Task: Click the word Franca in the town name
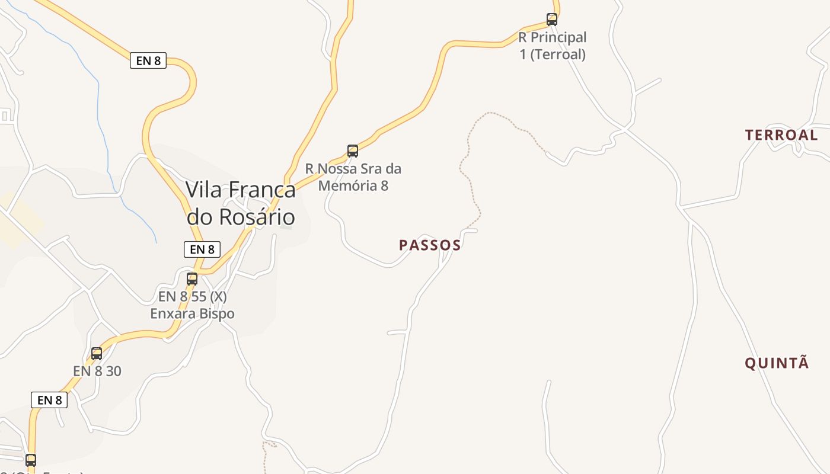[x=262, y=190]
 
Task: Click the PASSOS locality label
[x=430, y=245]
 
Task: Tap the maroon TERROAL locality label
[x=781, y=135]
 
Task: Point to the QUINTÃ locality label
[x=777, y=363]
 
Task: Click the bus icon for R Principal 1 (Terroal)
[x=552, y=20]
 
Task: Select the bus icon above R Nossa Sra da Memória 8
[x=353, y=151]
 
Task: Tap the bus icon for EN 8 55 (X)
[x=192, y=278]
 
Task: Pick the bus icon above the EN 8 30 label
[x=97, y=354]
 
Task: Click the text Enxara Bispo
[x=192, y=313]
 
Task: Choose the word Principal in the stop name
[x=558, y=37]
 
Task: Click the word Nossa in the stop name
[x=337, y=169]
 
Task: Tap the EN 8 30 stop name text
[x=97, y=371]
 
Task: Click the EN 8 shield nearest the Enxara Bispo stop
[x=202, y=249]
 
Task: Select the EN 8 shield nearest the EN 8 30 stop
[x=49, y=400]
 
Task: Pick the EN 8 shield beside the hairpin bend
[x=148, y=60]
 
